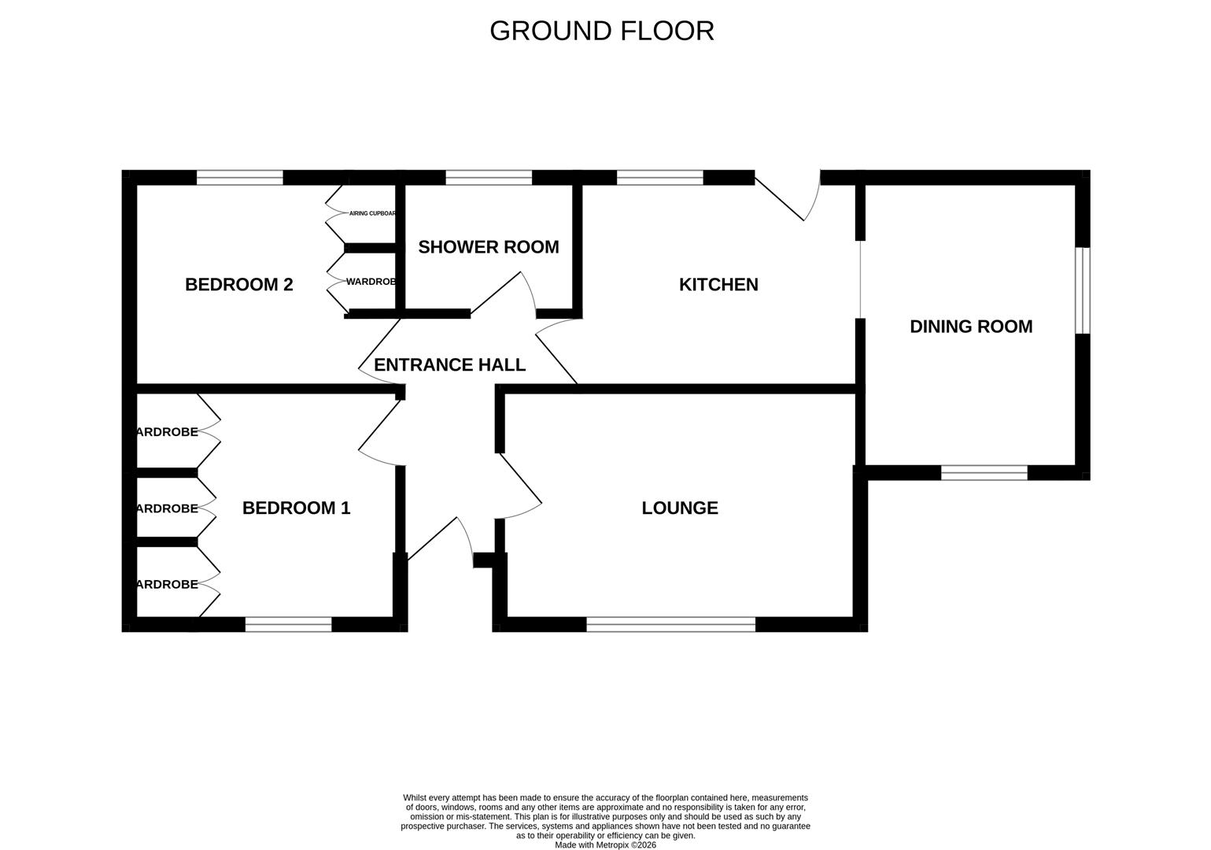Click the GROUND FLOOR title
click(602, 31)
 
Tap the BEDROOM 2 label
click(238, 284)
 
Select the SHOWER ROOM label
click(488, 247)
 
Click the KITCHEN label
click(718, 284)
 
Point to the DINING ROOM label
click(971, 327)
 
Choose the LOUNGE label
click(680, 508)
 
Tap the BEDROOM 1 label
click(296, 508)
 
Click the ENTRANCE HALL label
click(449, 364)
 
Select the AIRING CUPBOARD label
click(372, 213)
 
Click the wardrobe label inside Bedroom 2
click(371, 281)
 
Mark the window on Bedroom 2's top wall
click(239, 178)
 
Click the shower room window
click(489, 178)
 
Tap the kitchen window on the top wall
click(659, 178)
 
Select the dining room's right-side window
click(1083, 290)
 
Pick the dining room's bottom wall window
click(984, 472)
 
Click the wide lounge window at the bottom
click(670, 624)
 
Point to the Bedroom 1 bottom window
click(288, 624)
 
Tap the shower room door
click(504, 294)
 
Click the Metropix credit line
click(605, 845)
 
